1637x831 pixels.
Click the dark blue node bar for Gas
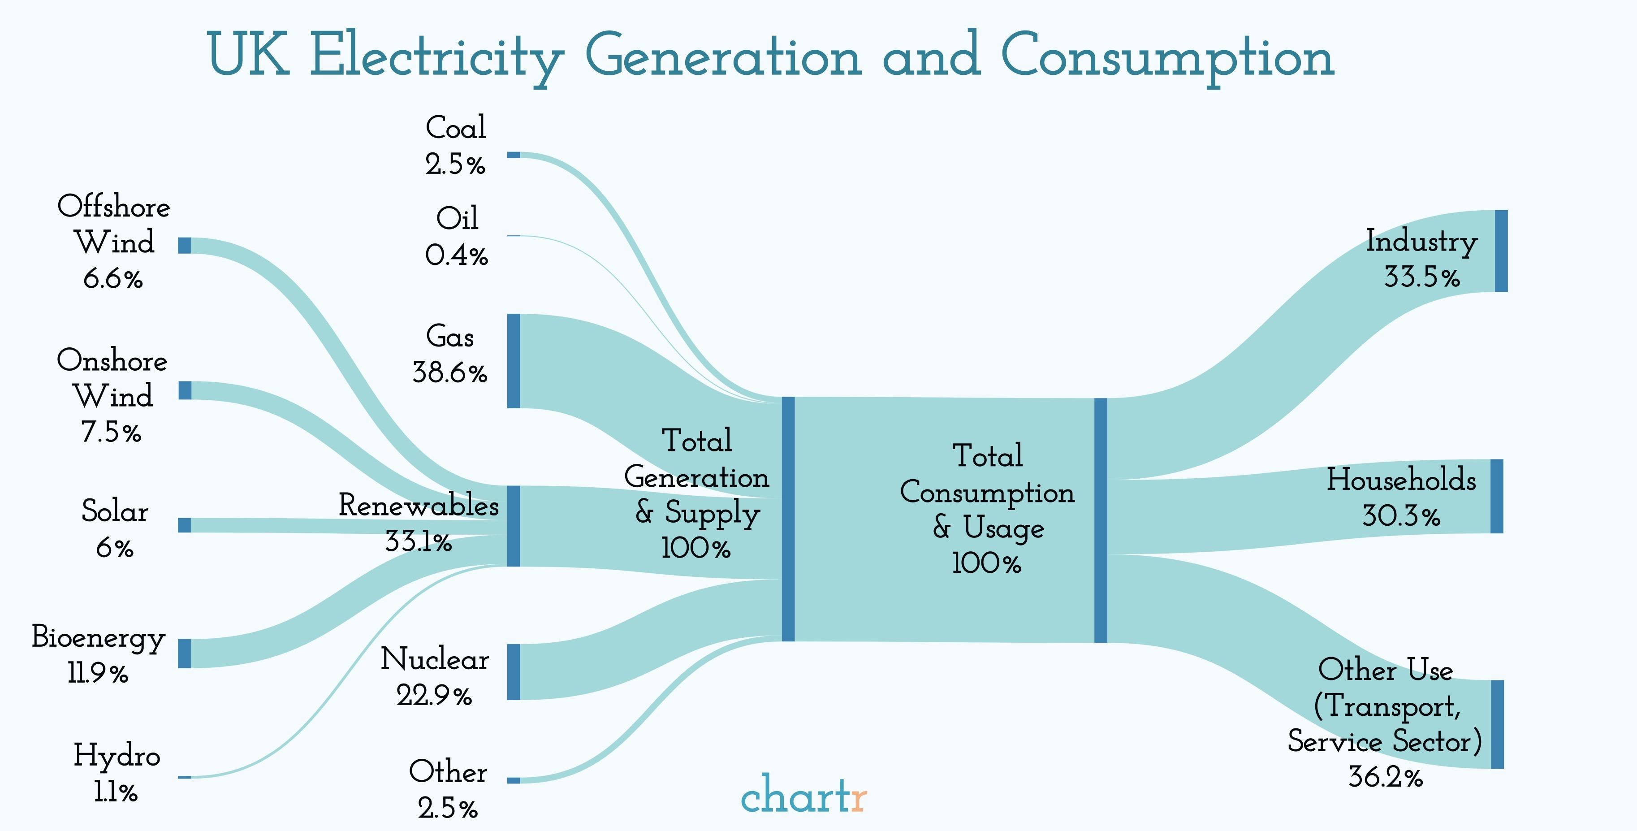pyautogui.click(x=514, y=360)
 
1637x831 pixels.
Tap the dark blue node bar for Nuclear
pyautogui.click(x=514, y=671)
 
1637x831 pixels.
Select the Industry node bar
pyautogui.click(x=1501, y=251)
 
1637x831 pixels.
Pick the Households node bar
pyautogui.click(x=1497, y=496)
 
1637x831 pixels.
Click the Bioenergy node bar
pyautogui.click(x=184, y=653)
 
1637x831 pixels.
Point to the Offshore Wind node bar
pyautogui.click(x=184, y=246)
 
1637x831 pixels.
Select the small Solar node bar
pyautogui.click(x=184, y=524)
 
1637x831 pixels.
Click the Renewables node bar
pyautogui.click(x=514, y=526)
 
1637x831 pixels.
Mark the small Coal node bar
pyautogui.click(x=514, y=155)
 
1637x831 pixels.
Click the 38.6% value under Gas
pyautogui.click(x=449, y=372)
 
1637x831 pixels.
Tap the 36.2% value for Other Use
pyautogui.click(x=1385, y=777)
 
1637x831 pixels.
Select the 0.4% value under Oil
pyautogui.click(x=456, y=255)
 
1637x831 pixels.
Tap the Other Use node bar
pyautogui.click(x=1497, y=724)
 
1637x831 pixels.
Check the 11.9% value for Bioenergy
pyautogui.click(x=98, y=673)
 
